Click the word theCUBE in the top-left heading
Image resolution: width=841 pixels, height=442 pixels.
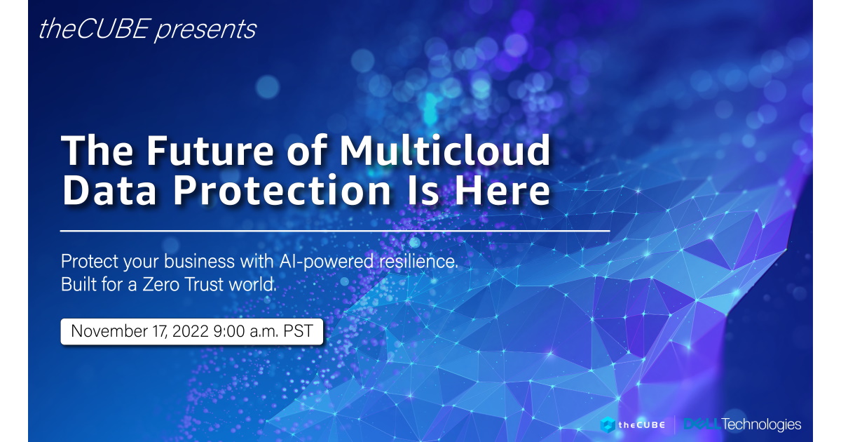[95, 29]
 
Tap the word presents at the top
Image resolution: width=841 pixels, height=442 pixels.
[206, 30]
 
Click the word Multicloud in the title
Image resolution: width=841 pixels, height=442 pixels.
[445, 149]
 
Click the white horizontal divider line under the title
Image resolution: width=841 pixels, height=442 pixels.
[335, 231]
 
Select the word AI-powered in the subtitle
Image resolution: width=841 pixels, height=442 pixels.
[327, 262]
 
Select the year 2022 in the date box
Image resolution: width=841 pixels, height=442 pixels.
[191, 331]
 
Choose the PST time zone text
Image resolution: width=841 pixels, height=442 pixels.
[298, 331]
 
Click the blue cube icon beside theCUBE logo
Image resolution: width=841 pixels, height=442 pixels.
[608, 425]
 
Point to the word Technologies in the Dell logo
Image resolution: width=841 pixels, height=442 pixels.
[761, 424]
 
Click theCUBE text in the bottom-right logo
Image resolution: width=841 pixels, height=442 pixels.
[642, 425]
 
